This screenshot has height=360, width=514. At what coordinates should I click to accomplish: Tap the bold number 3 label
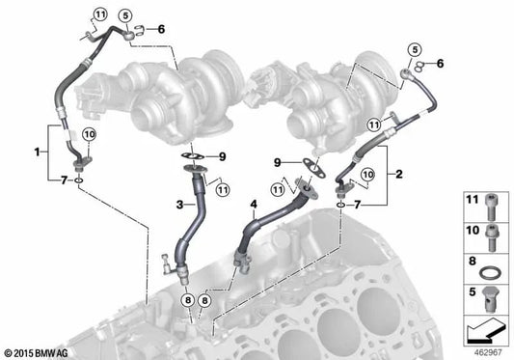pyautogui.click(x=179, y=206)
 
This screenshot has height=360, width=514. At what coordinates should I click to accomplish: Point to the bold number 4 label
pyautogui.click(x=254, y=205)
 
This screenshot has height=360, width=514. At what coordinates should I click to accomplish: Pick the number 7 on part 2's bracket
pyautogui.click(x=358, y=206)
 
